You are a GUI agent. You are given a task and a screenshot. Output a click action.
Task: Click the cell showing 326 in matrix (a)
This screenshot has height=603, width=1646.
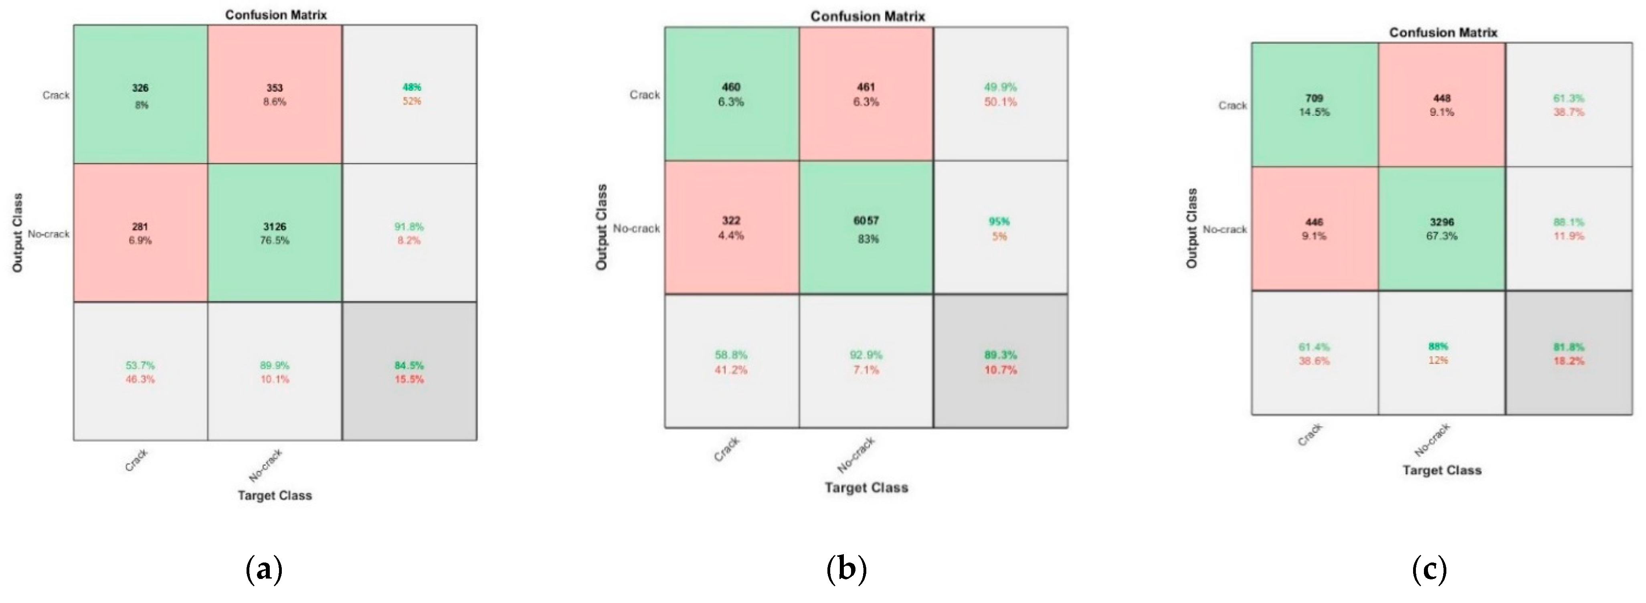pyautogui.click(x=141, y=95)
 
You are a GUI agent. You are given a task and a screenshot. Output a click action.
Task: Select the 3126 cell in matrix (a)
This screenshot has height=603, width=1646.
pyautogui.click(x=275, y=233)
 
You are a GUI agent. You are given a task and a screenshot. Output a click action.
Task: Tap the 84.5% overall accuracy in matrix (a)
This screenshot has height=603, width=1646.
pyautogui.click(x=409, y=372)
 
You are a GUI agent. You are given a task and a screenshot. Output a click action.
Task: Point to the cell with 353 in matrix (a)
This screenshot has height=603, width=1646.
pyautogui.click(x=275, y=95)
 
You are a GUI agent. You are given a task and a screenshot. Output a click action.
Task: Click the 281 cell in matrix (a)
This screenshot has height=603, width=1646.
pyautogui.click(x=141, y=233)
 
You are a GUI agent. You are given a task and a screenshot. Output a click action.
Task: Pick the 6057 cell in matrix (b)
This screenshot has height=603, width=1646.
pyautogui.click(x=866, y=228)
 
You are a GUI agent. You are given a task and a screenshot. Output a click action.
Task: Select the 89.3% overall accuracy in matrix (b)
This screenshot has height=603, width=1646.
pyautogui.click(x=1001, y=362)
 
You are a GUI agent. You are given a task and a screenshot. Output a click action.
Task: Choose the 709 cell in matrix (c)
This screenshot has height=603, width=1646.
pyautogui.click(x=1314, y=105)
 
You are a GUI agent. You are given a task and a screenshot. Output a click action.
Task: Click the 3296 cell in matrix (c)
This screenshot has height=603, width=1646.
pyautogui.click(x=1442, y=229)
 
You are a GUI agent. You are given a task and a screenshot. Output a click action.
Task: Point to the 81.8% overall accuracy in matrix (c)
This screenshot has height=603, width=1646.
pyautogui.click(x=1569, y=353)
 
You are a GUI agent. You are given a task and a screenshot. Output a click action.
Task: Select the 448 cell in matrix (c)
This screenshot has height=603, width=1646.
pyautogui.click(x=1442, y=105)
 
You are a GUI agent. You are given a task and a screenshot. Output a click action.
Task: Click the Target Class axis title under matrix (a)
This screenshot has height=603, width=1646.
pyautogui.click(x=275, y=496)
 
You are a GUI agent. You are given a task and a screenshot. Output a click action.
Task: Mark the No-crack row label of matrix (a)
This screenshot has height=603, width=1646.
pyautogui.click(x=49, y=234)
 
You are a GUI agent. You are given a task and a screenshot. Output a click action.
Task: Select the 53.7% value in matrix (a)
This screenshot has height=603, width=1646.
pyautogui.click(x=140, y=365)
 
